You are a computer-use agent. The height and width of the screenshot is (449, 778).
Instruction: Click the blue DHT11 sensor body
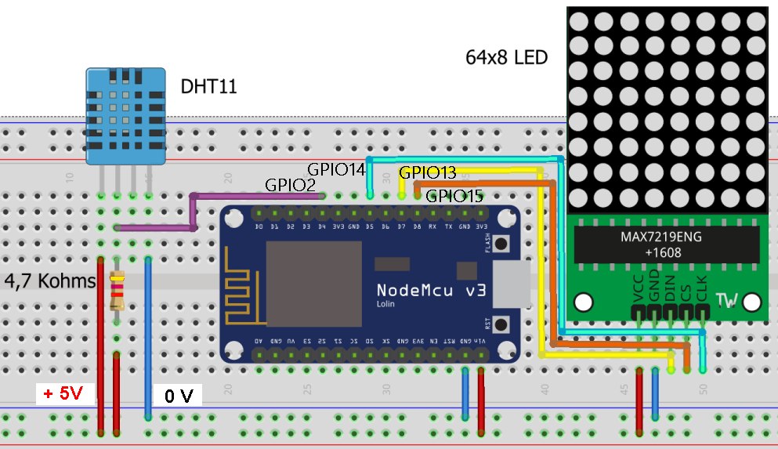click(125, 116)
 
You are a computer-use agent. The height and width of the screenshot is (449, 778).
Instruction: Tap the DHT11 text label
click(208, 86)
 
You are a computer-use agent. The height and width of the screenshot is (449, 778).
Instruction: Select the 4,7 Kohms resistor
click(118, 290)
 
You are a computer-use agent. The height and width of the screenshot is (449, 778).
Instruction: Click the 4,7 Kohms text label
click(50, 281)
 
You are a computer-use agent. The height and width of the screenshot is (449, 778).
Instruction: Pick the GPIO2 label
click(290, 186)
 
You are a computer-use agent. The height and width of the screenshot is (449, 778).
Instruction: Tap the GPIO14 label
click(336, 168)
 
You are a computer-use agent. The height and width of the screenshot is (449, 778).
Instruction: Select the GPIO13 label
click(428, 172)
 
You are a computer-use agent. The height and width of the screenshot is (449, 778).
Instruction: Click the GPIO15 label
click(454, 196)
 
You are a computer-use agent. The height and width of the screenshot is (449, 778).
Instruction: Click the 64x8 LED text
click(506, 57)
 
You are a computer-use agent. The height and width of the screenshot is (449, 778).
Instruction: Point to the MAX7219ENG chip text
click(663, 237)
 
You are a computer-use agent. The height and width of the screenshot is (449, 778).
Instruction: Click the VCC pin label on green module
click(637, 288)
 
